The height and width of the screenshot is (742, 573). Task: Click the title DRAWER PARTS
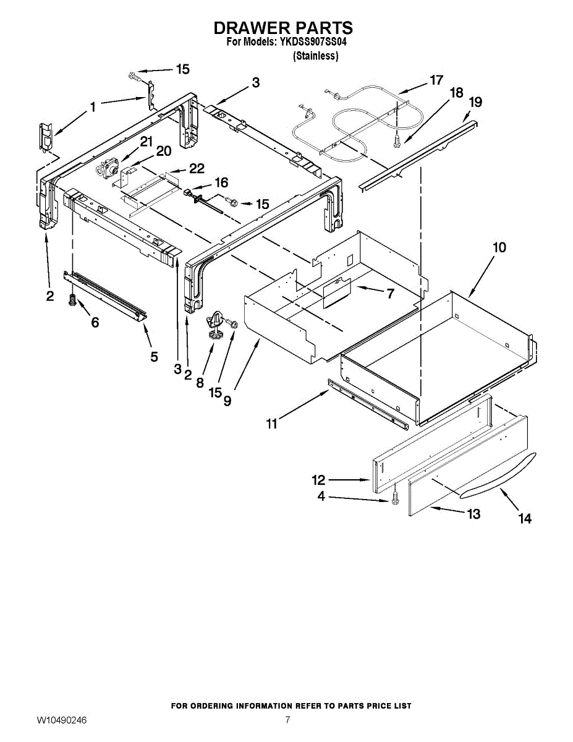pos(283,28)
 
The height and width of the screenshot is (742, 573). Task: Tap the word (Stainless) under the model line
pos(315,56)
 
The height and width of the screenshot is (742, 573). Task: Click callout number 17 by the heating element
pos(436,80)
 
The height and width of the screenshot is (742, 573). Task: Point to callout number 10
pos(499,247)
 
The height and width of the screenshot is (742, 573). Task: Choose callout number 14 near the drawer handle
pos(525,519)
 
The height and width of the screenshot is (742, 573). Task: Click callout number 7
pos(390,294)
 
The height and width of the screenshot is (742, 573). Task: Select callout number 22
pos(196,168)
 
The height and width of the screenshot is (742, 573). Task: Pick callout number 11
pos(272,424)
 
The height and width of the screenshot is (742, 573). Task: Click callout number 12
pos(318,479)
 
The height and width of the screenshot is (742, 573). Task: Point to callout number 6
pos(95,322)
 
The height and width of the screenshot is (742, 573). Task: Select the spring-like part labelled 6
pos(71,301)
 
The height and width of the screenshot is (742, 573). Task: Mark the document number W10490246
pos(61,721)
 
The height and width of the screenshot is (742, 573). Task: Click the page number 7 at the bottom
pos(287,720)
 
